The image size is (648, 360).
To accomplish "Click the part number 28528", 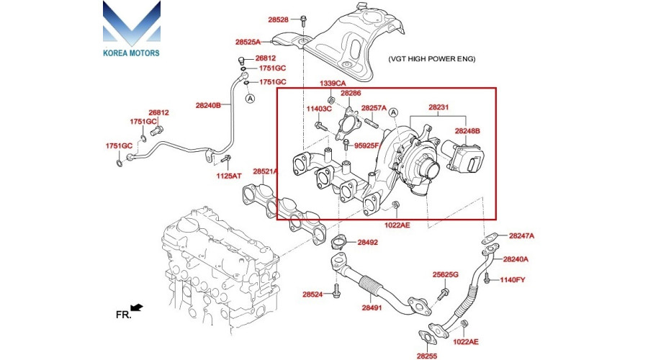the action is pyautogui.click(x=278, y=19).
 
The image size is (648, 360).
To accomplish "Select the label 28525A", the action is pyautogui.click(x=248, y=42).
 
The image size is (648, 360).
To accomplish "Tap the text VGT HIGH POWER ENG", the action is pyautogui.click(x=431, y=59).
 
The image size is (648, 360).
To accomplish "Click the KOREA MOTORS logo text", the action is pyautogui.click(x=131, y=53).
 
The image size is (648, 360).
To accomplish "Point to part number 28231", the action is pyautogui.click(x=438, y=107).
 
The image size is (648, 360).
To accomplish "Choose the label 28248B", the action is pyautogui.click(x=467, y=131).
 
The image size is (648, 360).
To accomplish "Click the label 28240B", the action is pyautogui.click(x=208, y=105).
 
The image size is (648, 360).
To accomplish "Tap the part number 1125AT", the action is pyautogui.click(x=229, y=176).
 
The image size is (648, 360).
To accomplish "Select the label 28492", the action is pyautogui.click(x=367, y=243).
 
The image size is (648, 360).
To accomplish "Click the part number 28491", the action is pyautogui.click(x=372, y=308).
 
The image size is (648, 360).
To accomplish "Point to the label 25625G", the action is pyautogui.click(x=446, y=274).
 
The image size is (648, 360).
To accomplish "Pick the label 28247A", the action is pyautogui.click(x=521, y=236).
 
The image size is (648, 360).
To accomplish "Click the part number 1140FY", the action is pyautogui.click(x=513, y=280).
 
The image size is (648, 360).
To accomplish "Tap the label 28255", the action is pyautogui.click(x=427, y=356).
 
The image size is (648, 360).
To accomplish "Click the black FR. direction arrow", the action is pyautogui.click(x=137, y=307).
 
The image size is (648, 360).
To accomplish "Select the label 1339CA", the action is pyautogui.click(x=333, y=84).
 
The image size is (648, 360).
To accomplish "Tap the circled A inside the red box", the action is pyautogui.click(x=393, y=112).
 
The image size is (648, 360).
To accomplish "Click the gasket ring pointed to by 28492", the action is pyautogui.click(x=338, y=242).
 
